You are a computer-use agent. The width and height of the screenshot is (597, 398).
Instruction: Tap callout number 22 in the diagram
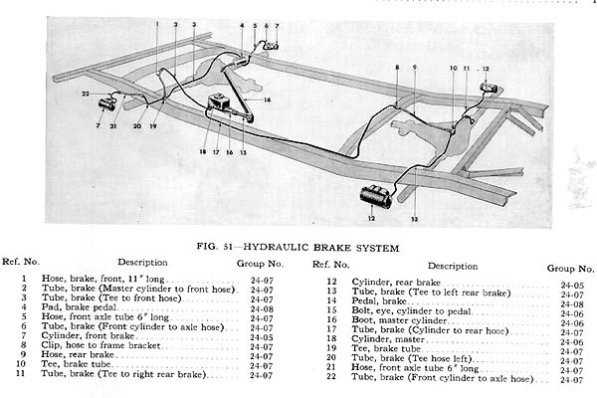tap(86, 94)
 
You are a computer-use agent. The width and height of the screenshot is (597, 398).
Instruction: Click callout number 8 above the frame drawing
tap(396, 67)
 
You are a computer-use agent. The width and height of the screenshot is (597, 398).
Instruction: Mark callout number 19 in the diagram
tap(154, 128)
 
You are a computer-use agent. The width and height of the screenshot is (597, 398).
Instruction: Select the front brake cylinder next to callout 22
tap(107, 102)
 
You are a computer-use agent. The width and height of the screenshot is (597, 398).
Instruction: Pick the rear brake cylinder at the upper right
tap(489, 88)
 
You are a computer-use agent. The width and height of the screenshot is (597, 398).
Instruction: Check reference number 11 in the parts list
tap(19, 375)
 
